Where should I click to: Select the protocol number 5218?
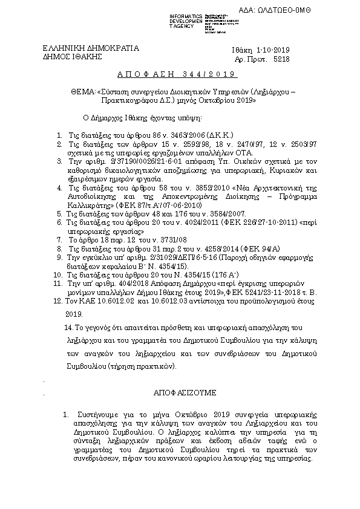[x=282, y=60]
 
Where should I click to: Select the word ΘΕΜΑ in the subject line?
[x=82, y=93]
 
